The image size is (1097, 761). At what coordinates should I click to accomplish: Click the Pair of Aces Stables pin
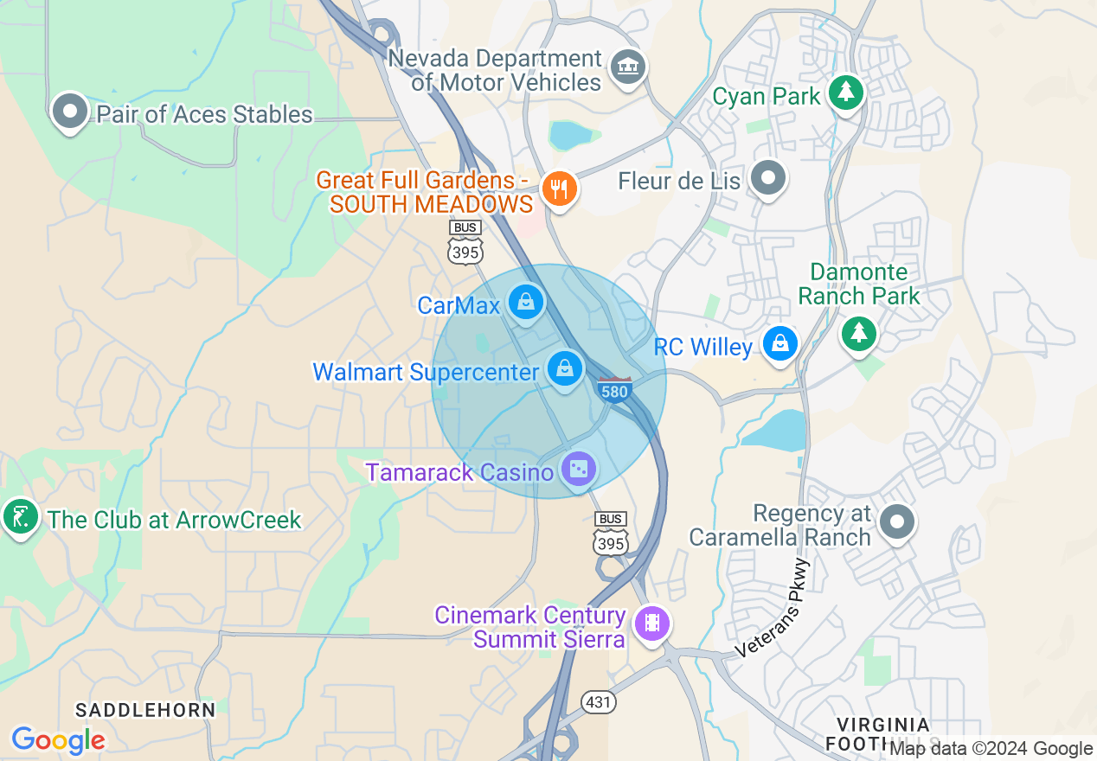[x=70, y=112]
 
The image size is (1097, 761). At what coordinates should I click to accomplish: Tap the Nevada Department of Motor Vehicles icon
[x=628, y=67]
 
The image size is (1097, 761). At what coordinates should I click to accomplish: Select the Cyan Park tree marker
[x=845, y=92]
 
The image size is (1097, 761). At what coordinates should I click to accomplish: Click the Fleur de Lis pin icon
[x=767, y=179]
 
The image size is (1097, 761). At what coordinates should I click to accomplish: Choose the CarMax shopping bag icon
[x=525, y=303]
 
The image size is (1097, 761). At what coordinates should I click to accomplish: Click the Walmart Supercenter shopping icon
[x=565, y=369]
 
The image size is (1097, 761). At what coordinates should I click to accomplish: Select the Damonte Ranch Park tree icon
[x=858, y=332]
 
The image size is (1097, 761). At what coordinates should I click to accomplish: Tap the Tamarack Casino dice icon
[x=578, y=470]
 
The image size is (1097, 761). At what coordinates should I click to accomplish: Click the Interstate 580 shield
[x=613, y=389]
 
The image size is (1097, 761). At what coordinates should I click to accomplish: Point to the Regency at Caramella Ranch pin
[x=897, y=521]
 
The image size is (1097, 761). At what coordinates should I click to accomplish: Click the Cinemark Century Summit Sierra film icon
[x=651, y=623]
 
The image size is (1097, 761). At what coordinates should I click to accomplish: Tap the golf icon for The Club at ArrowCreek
[x=20, y=517]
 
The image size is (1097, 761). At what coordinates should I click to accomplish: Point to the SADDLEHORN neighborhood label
[x=145, y=710]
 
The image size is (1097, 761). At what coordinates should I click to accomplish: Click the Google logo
[x=58, y=740]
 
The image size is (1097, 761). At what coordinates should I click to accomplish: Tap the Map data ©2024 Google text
[x=991, y=749]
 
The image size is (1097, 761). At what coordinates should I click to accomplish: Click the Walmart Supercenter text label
[x=426, y=372]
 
